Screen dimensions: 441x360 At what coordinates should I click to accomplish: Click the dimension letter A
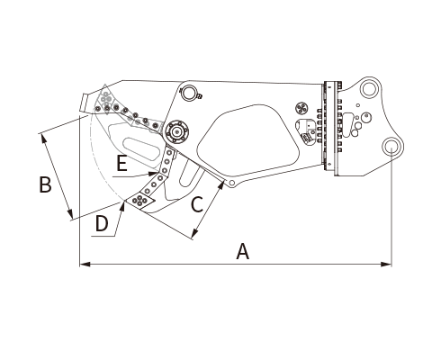(243, 251)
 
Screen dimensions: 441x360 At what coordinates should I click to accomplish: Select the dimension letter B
(45, 184)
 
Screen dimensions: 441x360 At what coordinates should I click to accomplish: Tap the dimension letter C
(197, 204)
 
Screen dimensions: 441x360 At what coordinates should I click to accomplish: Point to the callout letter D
(102, 224)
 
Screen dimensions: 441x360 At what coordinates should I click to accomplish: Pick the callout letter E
(121, 164)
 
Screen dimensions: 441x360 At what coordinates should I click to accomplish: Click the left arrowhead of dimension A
(85, 265)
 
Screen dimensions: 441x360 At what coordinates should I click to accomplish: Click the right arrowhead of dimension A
(386, 265)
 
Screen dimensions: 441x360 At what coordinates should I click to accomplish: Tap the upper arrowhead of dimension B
(44, 139)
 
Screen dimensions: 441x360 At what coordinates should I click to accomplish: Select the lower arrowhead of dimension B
(70, 213)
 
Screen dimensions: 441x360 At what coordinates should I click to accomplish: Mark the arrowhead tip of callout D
(123, 202)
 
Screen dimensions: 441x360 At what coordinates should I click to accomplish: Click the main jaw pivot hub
(176, 131)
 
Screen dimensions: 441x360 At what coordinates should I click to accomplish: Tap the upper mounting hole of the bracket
(368, 89)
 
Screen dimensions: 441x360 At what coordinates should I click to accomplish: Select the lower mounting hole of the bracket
(391, 147)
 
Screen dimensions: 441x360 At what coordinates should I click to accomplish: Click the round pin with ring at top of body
(189, 93)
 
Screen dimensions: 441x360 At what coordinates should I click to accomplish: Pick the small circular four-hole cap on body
(301, 108)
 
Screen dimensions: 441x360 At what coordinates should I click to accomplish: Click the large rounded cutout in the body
(248, 141)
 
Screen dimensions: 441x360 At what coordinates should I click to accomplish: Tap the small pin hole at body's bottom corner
(231, 183)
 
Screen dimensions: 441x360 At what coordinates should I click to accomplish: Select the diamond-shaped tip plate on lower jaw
(140, 200)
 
